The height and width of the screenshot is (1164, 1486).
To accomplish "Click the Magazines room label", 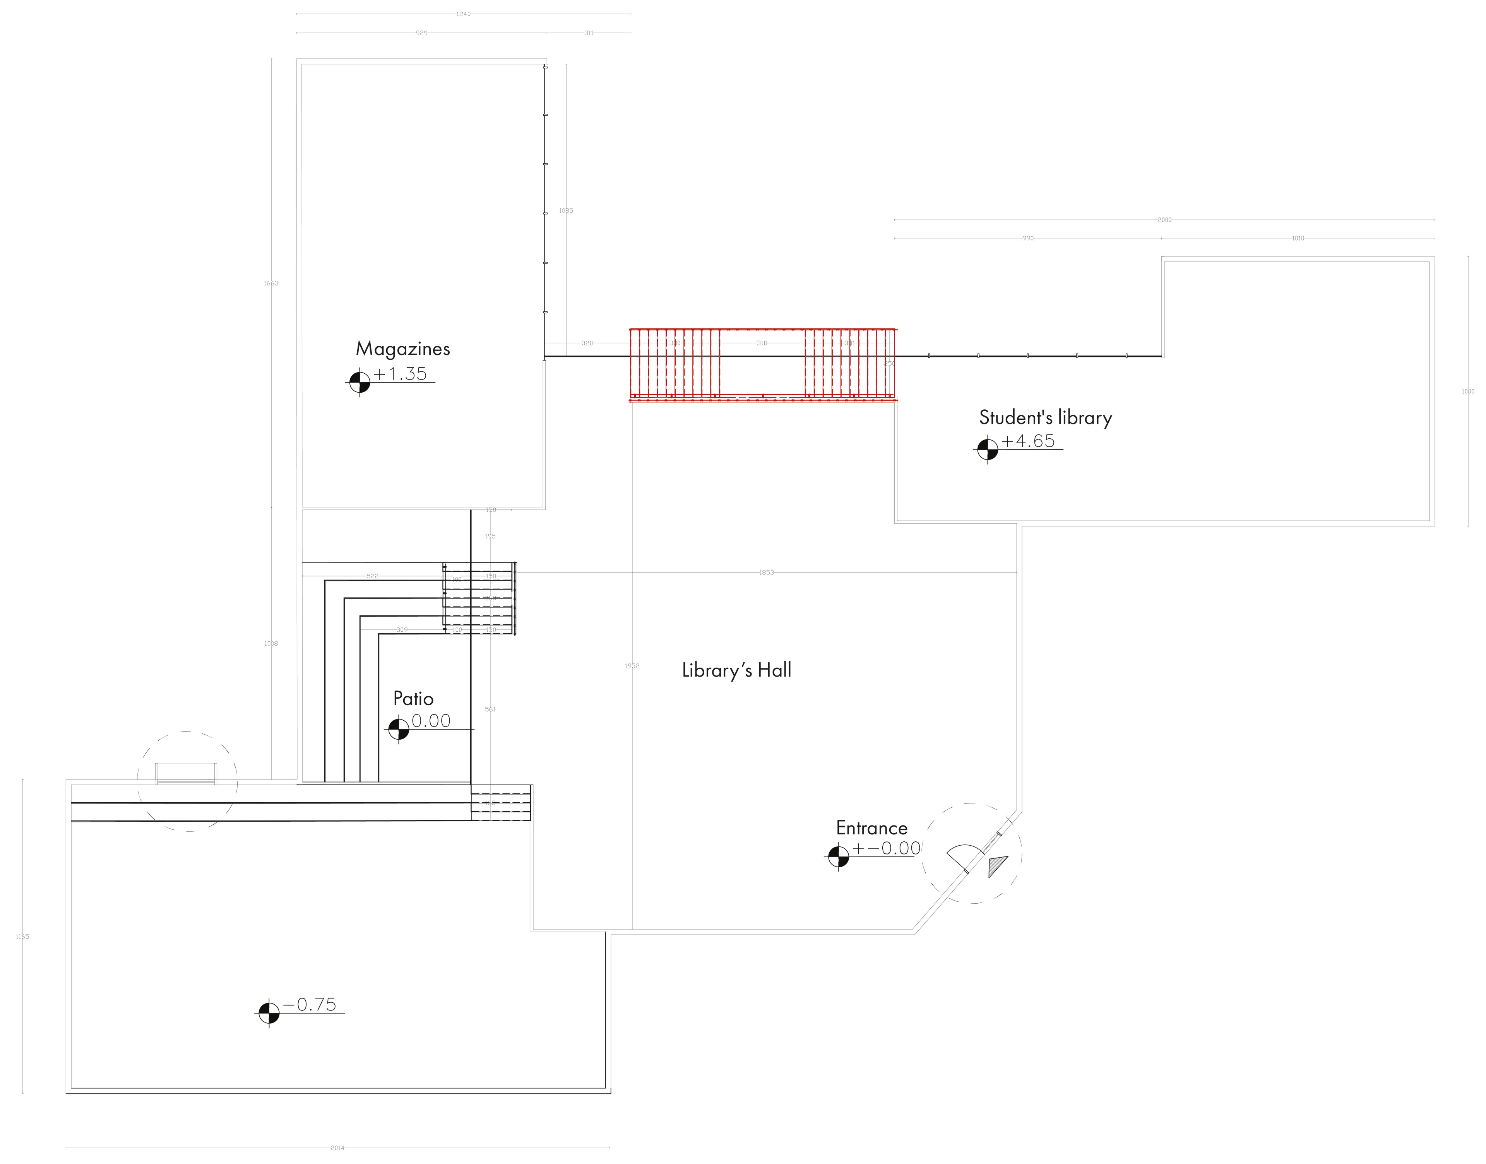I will coord(403,349).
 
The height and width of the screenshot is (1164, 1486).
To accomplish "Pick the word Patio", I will coord(413,699).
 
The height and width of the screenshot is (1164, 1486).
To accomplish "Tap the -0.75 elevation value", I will coord(310,1005).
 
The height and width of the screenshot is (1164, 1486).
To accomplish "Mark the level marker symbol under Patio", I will coord(398,729).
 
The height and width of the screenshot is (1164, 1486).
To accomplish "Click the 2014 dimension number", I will coord(337,1148).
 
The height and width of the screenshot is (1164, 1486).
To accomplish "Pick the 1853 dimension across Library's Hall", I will coord(766,573).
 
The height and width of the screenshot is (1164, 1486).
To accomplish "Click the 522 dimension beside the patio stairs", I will coord(372,576).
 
